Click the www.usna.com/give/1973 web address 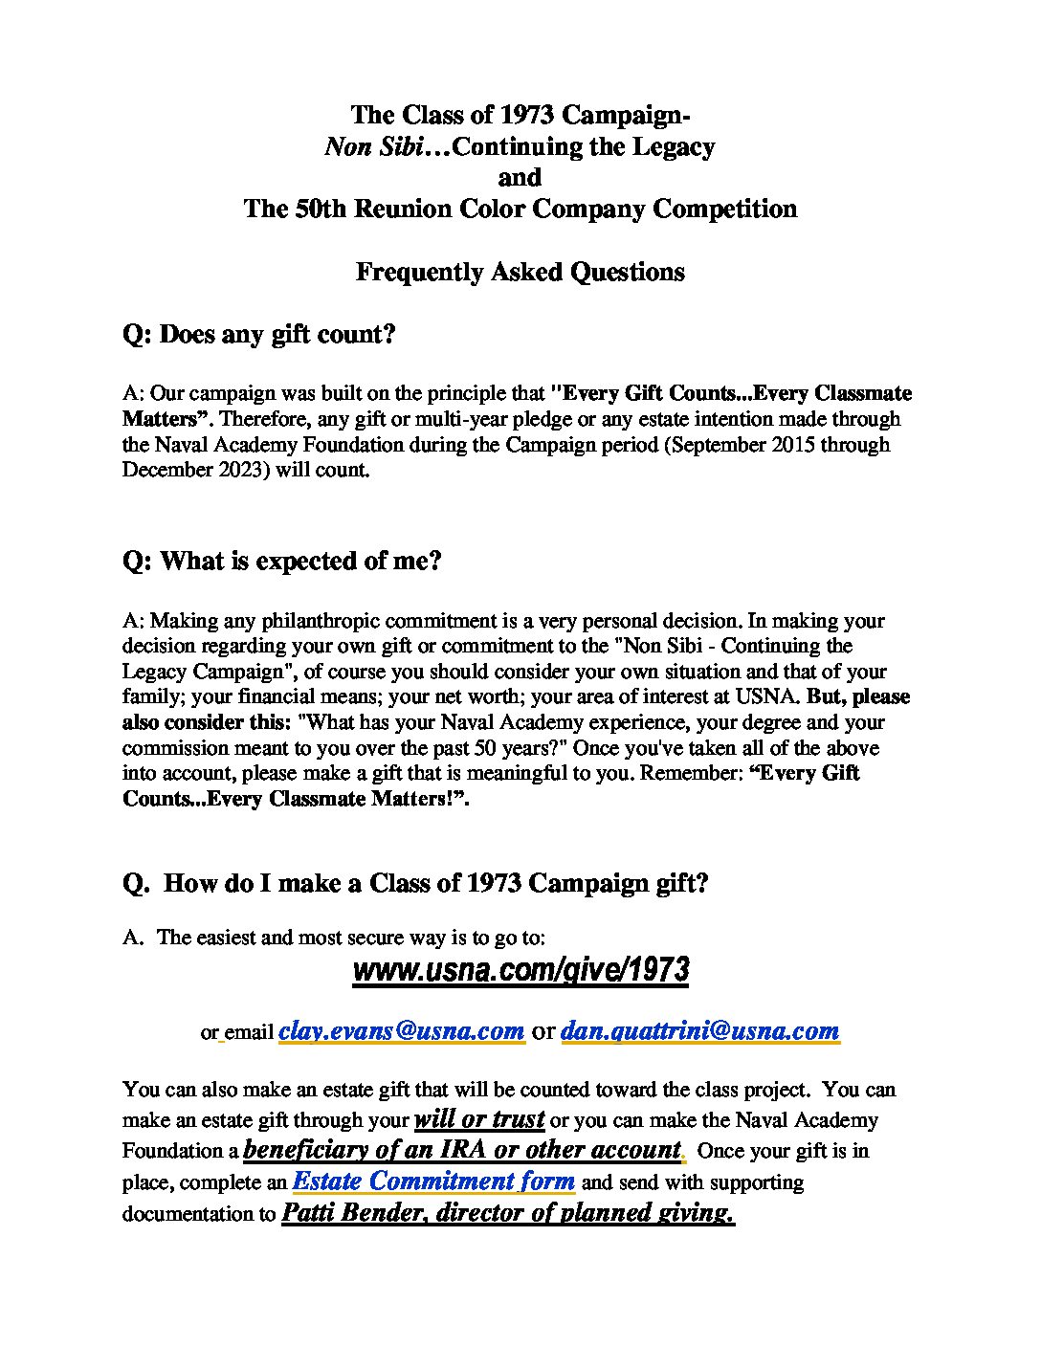520,970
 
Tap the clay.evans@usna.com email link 401,1030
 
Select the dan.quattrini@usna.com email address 699,1030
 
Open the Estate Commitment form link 433,1181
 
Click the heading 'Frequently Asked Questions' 520,272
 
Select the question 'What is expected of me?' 282,561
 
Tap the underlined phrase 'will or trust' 479,1119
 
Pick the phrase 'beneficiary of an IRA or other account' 462,1150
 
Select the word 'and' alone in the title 520,178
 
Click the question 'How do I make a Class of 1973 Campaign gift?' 415,882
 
